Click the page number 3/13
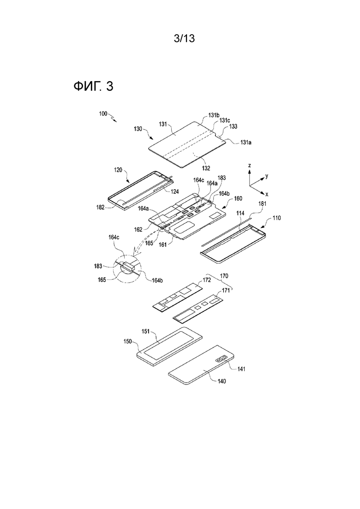(184, 39)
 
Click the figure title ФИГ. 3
(94, 86)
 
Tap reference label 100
(103, 114)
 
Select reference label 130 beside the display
(138, 129)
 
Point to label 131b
(214, 115)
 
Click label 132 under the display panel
(206, 168)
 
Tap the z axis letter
(249, 166)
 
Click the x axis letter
(267, 194)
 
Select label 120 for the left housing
(119, 170)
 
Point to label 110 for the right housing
(277, 218)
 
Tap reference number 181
(262, 204)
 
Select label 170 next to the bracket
(224, 276)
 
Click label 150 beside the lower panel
(128, 341)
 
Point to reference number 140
(222, 381)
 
